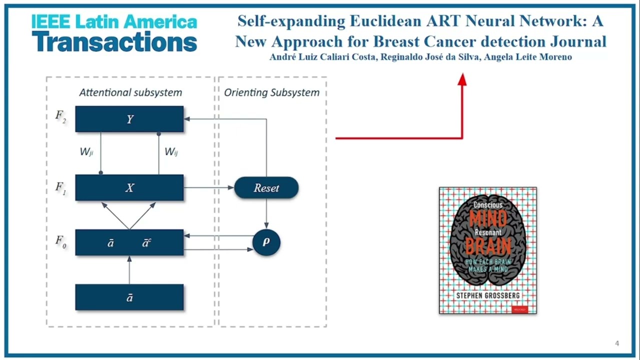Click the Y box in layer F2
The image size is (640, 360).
click(129, 119)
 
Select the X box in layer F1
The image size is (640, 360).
click(129, 188)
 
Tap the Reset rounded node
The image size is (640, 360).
click(266, 188)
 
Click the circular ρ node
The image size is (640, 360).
click(266, 242)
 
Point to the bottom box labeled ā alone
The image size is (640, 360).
click(129, 297)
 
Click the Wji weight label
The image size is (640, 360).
click(86, 152)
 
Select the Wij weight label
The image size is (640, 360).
click(171, 152)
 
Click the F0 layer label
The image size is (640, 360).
click(61, 242)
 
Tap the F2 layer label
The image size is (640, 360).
click(61, 117)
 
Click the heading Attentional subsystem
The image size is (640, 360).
click(130, 92)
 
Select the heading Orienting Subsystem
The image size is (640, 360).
click(271, 92)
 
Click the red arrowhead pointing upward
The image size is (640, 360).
click(462, 79)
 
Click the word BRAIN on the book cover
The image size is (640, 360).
click(487, 246)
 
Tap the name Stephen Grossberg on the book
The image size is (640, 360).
click(487, 296)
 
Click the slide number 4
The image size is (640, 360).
click(617, 343)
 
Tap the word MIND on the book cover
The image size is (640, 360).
click(487, 218)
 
